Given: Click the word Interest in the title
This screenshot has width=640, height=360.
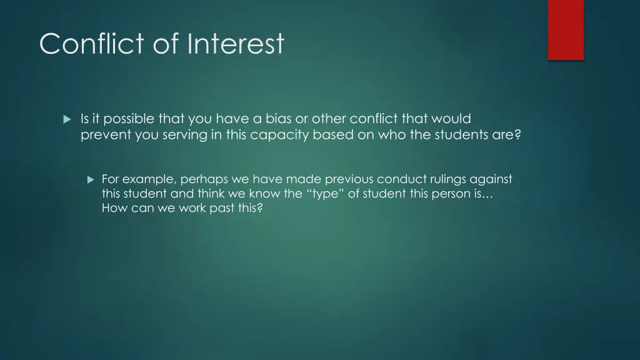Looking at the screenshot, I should pyautogui.click(x=235, y=44).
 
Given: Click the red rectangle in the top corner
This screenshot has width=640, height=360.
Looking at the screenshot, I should pyautogui.click(x=566, y=29).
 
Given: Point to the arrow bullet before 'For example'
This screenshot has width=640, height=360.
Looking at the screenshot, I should pyautogui.click(x=90, y=179).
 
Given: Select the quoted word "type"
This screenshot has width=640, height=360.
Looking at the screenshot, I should pyautogui.click(x=324, y=194).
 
